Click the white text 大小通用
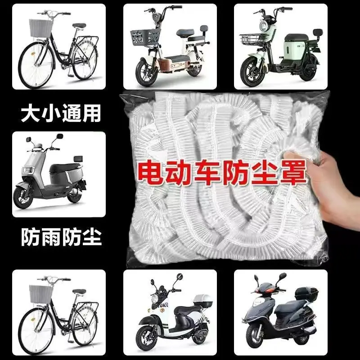(x=61, y=113)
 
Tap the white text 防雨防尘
(x=61, y=237)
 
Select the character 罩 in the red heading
(x=293, y=173)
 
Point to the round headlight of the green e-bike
(x=264, y=25)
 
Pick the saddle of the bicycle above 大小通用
(x=79, y=26)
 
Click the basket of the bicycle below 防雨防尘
(x=40, y=294)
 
